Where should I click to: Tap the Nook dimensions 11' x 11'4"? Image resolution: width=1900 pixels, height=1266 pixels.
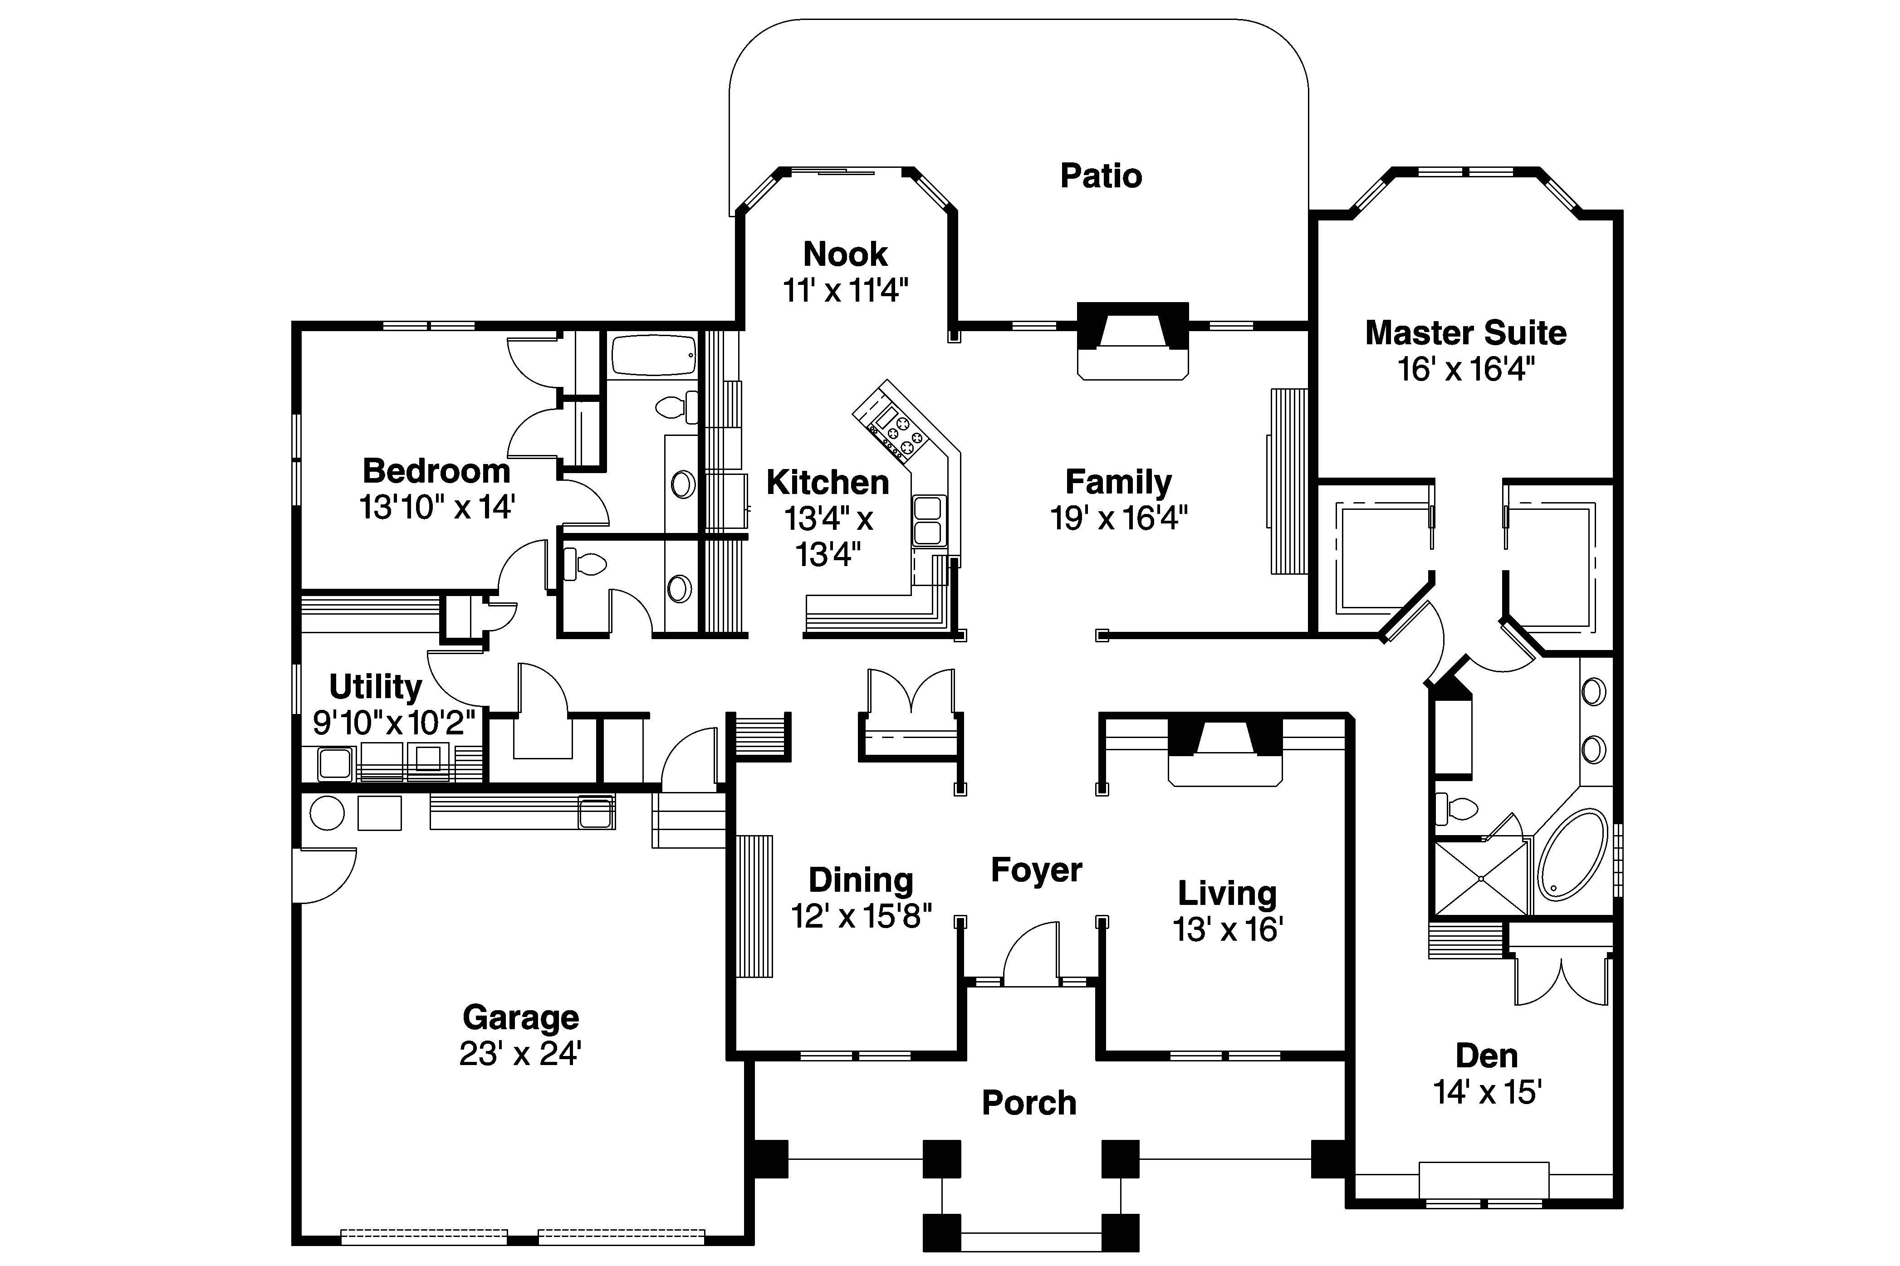(846, 290)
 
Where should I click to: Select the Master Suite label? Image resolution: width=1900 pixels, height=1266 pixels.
(1465, 332)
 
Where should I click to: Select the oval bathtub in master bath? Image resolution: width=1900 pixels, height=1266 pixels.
(1572, 854)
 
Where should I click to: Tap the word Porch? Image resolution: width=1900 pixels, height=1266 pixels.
(1029, 1103)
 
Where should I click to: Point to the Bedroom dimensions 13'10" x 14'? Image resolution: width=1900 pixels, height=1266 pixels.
(437, 507)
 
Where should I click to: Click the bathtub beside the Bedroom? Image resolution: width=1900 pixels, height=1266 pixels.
(653, 355)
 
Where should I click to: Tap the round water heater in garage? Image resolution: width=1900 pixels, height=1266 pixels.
(327, 813)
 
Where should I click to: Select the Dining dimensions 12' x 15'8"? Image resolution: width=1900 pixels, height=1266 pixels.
(861, 916)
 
